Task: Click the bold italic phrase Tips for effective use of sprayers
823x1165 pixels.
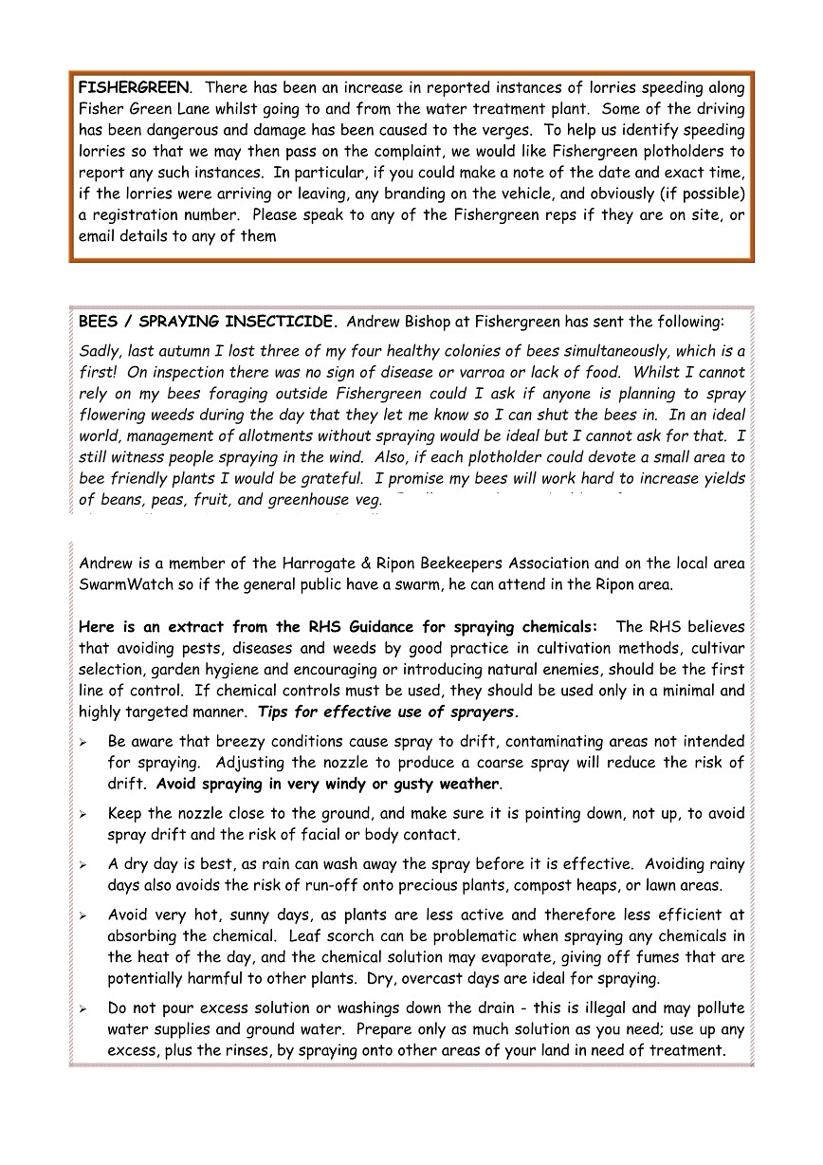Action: (388, 712)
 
